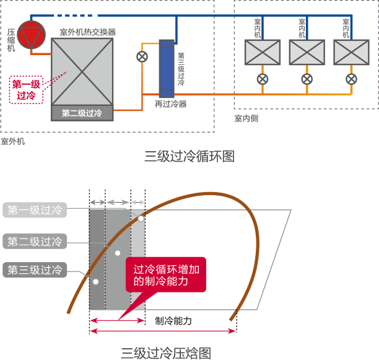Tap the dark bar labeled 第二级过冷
click(x=82, y=114)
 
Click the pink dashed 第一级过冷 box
click(x=27, y=89)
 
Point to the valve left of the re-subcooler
click(x=142, y=56)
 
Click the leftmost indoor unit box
click(x=263, y=52)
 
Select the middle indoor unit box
click(x=307, y=52)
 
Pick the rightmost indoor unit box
click(x=351, y=52)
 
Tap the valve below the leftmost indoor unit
click(x=263, y=79)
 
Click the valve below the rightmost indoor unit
click(x=351, y=79)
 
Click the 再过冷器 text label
click(x=170, y=104)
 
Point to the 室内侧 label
click(x=246, y=118)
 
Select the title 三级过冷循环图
click(x=189, y=156)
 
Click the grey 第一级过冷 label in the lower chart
click(x=35, y=210)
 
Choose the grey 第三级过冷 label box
click(x=35, y=270)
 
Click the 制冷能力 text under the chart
click(x=173, y=321)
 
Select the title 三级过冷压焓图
click(x=165, y=353)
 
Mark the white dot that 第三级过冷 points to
click(x=95, y=282)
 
